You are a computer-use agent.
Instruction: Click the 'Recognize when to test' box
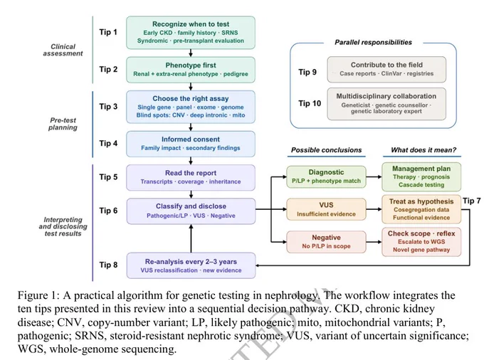tap(191, 33)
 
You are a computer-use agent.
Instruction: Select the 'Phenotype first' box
tap(191, 70)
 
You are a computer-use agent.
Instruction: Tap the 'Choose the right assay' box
tap(191, 107)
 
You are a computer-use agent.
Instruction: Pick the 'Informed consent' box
tap(191, 144)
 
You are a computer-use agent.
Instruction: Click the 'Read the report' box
tap(191, 177)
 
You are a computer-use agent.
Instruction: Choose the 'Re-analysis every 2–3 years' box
tap(191, 265)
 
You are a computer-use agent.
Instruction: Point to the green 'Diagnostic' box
tap(326, 176)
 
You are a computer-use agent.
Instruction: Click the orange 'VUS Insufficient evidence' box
tap(326, 209)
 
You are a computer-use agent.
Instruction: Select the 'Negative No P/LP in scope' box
tap(326, 242)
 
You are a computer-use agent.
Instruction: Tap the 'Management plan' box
tap(421, 176)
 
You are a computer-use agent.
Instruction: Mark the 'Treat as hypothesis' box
tap(421, 209)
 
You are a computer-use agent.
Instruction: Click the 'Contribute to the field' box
tap(386, 70)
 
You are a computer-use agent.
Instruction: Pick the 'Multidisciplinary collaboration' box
tap(386, 104)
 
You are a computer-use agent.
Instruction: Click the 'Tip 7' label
tap(472, 201)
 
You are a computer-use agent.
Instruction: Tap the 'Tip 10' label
tap(310, 103)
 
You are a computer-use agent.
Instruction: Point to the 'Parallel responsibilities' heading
tap(373, 42)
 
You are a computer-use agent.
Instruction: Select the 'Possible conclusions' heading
tap(326, 150)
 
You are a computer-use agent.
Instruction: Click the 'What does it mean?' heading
tap(423, 150)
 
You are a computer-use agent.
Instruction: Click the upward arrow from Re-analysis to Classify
tap(191, 238)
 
